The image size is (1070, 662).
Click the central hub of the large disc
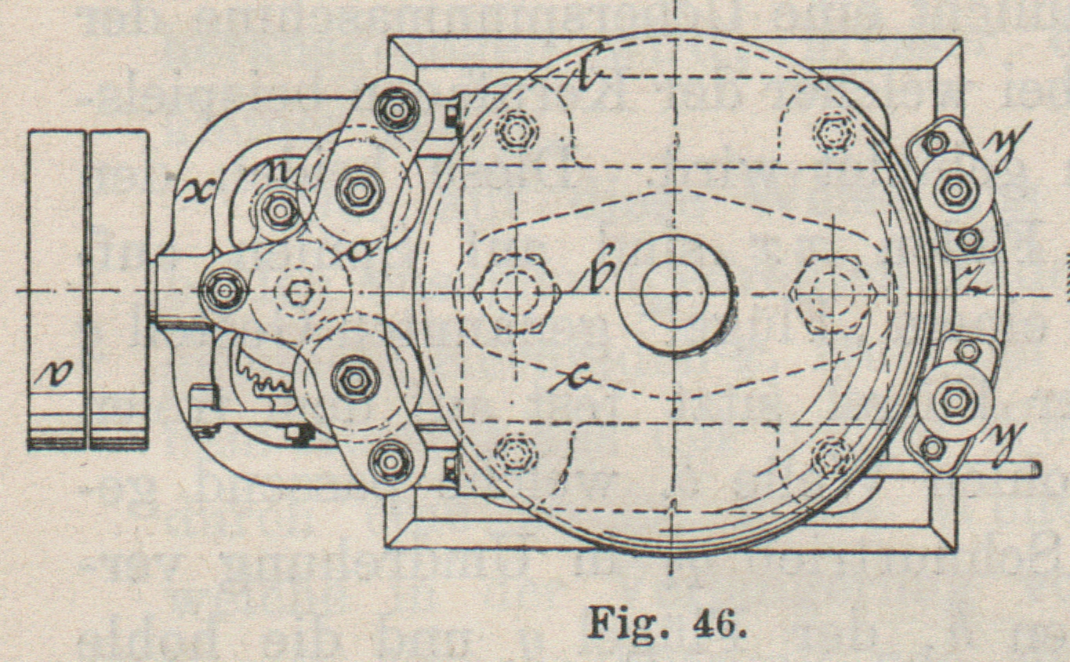click(673, 291)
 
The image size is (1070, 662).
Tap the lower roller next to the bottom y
click(955, 401)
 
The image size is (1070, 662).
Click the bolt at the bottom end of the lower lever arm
click(390, 461)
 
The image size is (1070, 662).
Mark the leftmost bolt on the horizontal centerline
click(223, 290)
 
